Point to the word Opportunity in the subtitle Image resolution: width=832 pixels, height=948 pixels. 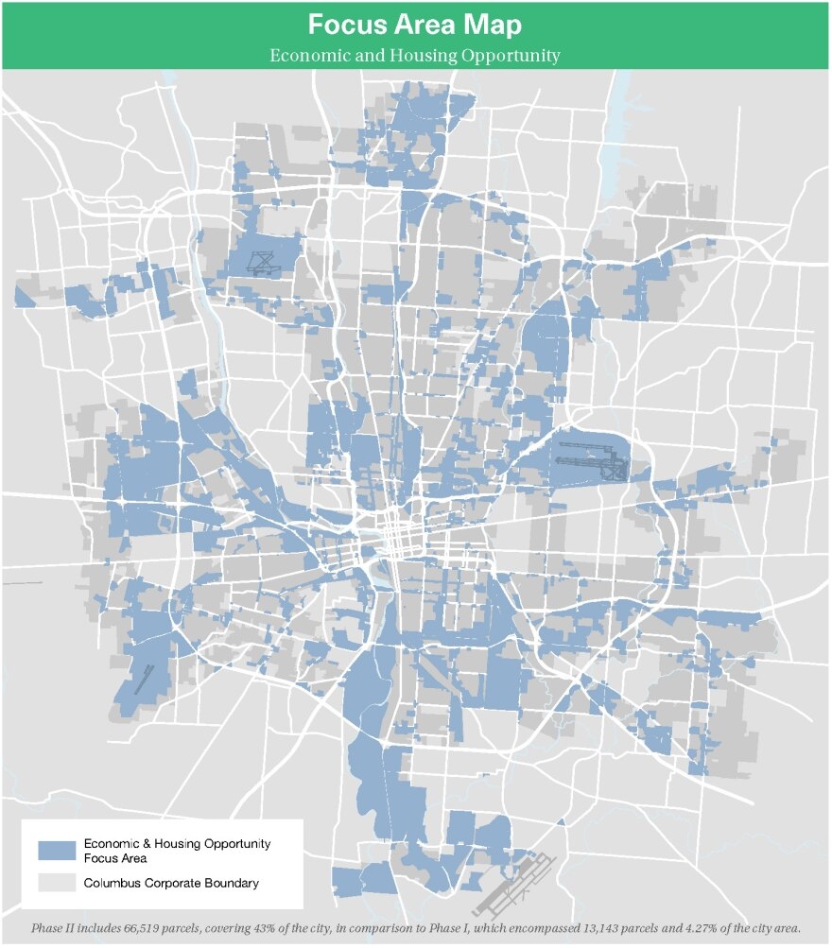pyautogui.click(x=511, y=55)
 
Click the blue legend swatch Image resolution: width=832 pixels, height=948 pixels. pyautogui.click(x=57, y=850)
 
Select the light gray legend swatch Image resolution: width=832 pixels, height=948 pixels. pyautogui.click(x=57, y=885)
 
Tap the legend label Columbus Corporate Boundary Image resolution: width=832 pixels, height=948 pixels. pyautogui.click(x=171, y=885)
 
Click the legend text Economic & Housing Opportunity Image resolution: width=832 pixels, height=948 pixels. pyautogui.click(x=178, y=843)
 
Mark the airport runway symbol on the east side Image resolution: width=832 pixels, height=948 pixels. pyautogui.click(x=591, y=460)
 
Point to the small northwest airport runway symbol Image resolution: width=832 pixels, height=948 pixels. pyautogui.click(x=260, y=262)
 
